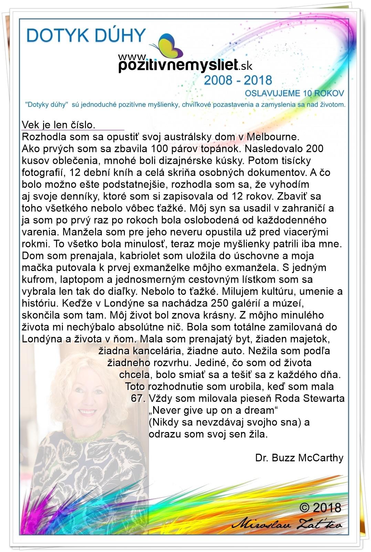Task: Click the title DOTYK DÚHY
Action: [x=86, y=36]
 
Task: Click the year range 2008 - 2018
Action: [x=238, y=80]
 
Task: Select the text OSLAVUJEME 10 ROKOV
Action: [x=294, y=93]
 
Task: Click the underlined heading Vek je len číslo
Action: [x=59, y=125]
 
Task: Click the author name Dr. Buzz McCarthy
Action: [x=299, y=458]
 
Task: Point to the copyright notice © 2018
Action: [x=320, y=508]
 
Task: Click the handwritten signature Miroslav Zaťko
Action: [x=287, y=524]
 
